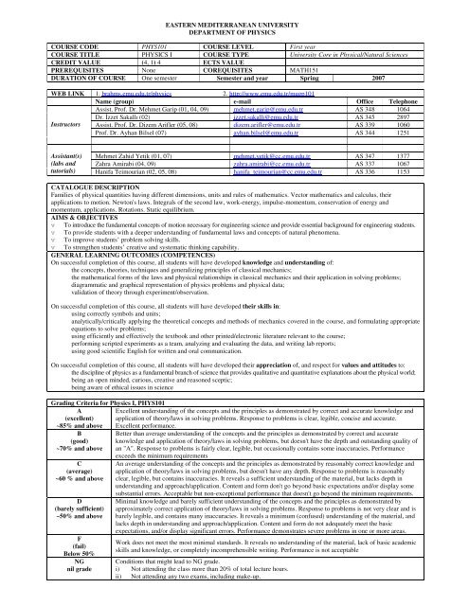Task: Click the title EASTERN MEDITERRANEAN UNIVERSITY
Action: click(233, 9)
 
